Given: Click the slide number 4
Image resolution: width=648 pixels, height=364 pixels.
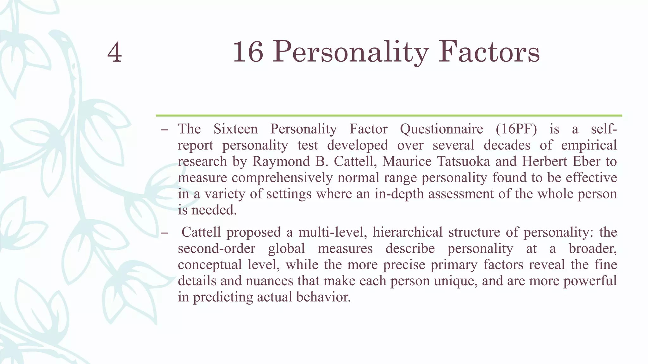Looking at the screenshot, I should pos(115,52).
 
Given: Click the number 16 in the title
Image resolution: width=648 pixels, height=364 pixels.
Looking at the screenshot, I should pos(248,52).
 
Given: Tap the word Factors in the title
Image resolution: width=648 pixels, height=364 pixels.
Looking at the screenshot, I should pos(489,52).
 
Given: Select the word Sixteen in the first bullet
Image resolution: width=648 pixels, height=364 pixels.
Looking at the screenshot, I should pos(235,129).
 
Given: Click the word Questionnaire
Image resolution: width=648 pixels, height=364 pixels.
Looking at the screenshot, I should pos(441,129).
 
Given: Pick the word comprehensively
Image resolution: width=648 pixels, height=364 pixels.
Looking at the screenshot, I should pos(282,178).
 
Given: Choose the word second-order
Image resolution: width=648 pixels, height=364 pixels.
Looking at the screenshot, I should pos(216,248).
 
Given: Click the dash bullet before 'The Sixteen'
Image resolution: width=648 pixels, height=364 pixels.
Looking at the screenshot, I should pos(164,130).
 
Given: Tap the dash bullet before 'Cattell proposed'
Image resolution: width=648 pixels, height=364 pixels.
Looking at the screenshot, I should pos(164,233).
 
